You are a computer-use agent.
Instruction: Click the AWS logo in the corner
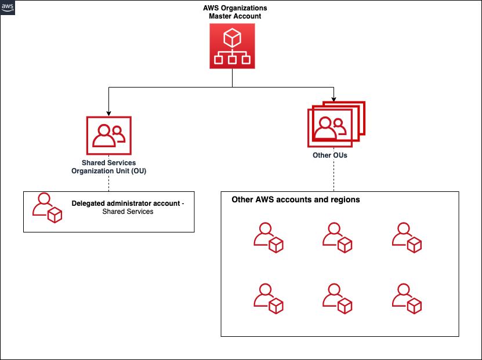click(x=8, y=8)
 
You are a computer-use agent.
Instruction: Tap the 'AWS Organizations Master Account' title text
click(x=235, y=12)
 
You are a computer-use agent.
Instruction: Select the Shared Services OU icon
click(x=108, y=136)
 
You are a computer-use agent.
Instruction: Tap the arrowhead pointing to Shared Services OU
click(x=108, y=112)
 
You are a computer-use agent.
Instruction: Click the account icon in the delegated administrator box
click(x=46, y=208)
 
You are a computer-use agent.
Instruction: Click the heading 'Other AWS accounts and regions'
click(x=296, y=199)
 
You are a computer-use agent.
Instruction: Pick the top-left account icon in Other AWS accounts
click(x=268, y=238)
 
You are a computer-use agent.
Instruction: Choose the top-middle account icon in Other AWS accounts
click(x=337, y=238)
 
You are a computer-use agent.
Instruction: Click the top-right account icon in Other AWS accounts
click(x=406, y=238)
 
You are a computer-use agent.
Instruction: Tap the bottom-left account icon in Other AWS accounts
click(x=268, y=299)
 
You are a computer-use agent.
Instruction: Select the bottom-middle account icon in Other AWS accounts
click(x=337, y=299)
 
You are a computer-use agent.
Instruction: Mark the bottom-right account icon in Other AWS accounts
click(x=406, y=299)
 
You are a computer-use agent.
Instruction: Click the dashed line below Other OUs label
click(x=334, y=176)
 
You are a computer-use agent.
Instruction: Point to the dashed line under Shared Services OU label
click(x=108, y=183)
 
